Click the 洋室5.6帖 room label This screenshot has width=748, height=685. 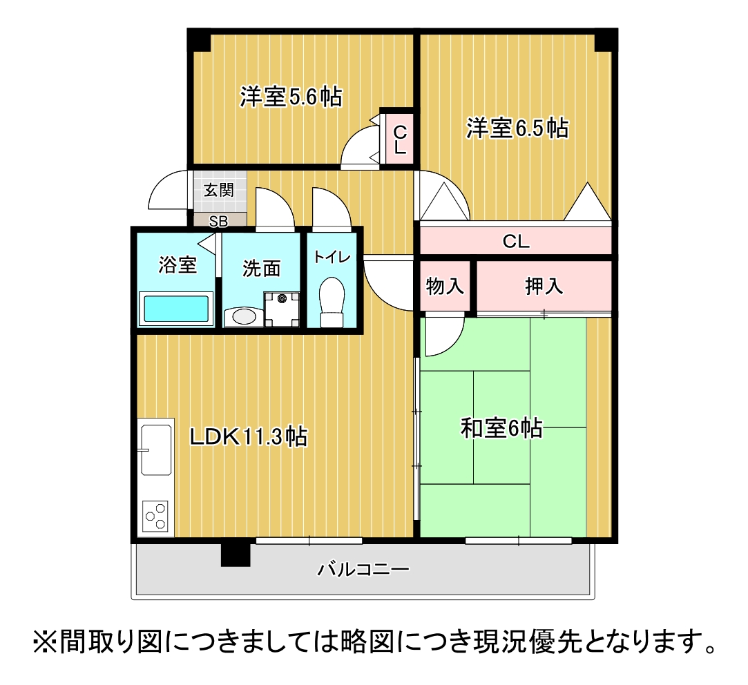click(x=291, y=97)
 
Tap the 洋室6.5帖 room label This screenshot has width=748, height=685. click(x=517, y=128)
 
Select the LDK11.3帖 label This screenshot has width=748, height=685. click(x=249, y=436)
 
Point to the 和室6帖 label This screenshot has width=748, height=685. click(x=501, y=429)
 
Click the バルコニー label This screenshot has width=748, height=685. click(x=363, y=570)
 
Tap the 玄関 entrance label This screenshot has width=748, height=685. click(x=218, y=190)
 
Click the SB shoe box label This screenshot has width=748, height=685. click(x=218, y=221)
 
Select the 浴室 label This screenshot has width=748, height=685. click(x=178, y=264)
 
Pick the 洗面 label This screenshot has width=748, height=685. click(x=261, y=269)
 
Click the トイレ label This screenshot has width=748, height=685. click(x=332, y=257)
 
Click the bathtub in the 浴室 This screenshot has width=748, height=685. click(x=176, y=309)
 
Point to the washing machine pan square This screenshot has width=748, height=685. click(x=282, y=309)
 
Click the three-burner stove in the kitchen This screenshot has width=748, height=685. click(x=156, y=515)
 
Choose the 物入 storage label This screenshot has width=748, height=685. click(x=445, y=286)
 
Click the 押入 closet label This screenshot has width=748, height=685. click(x=544, y=286)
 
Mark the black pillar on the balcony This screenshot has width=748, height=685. click(x=235, y=554)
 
